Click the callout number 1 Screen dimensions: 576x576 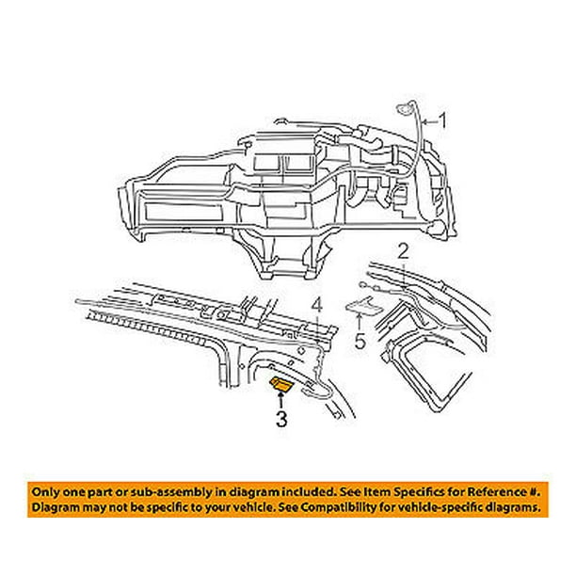(x=443, y=120)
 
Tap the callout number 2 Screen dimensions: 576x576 (x=403, y=252)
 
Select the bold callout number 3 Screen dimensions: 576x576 (x=281, y=419)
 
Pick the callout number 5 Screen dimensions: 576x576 (x=360, y=342)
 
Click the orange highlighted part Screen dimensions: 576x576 (x=281, y=384)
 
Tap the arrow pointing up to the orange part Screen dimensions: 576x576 (x=281, y=400)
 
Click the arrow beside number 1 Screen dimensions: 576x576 (x=429, y=121)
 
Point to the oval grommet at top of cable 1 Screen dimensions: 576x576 (x=405, y=109)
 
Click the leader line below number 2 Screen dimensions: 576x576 (x=404, y=275)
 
